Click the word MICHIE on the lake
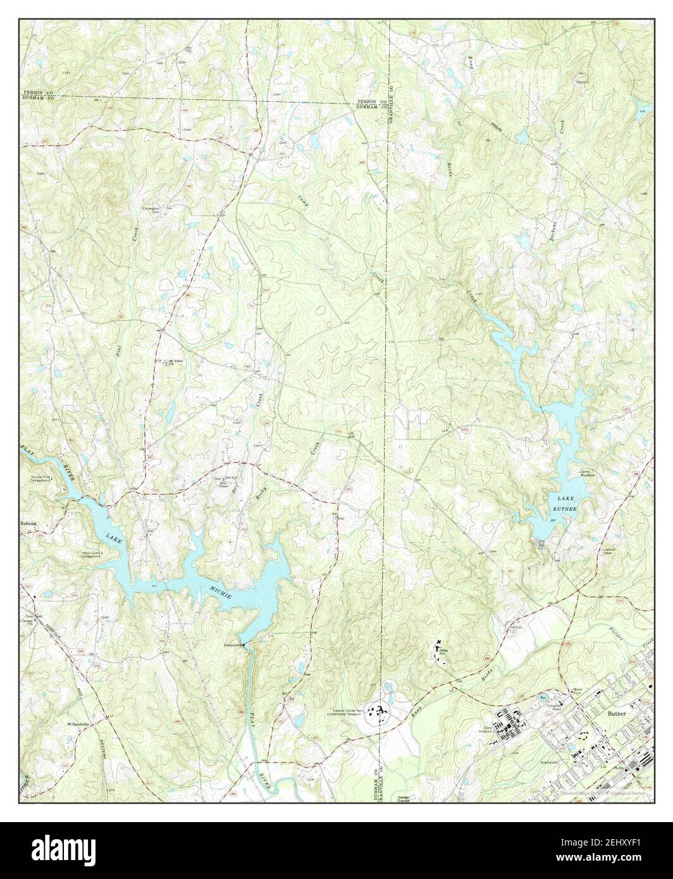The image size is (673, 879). pos(221,594)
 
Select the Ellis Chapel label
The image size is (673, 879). pos(224,484)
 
